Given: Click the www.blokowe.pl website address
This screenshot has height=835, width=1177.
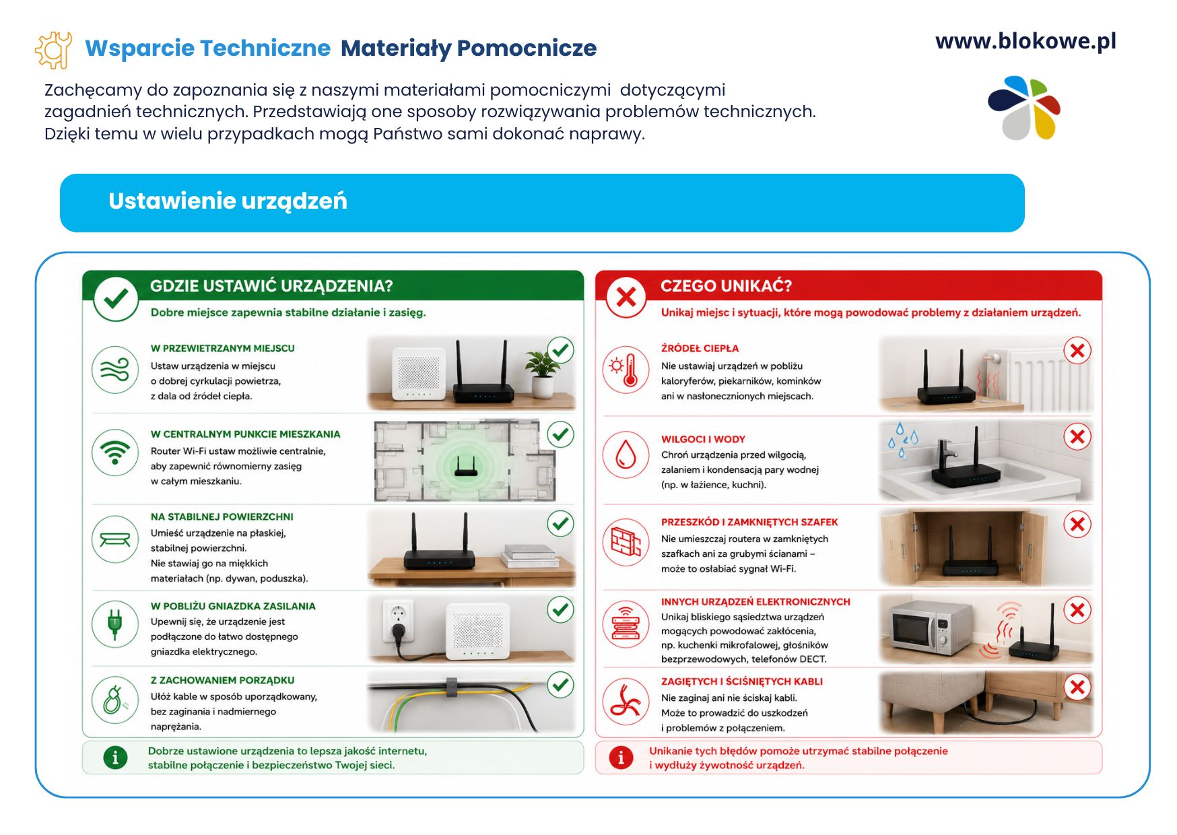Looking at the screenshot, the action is [1025, 42].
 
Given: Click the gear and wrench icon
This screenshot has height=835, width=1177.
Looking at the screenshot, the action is [53, 50].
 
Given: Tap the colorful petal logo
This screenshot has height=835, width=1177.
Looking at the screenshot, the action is [1024, 108].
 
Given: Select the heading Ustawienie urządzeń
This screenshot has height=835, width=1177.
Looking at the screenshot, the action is [228, 201].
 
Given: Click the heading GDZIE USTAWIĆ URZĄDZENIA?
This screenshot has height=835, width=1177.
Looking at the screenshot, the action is [271, 286].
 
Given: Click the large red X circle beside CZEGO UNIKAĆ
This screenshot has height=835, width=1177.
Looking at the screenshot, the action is [626, 297].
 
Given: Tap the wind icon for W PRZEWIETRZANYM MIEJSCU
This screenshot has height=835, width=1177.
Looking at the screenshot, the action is [114, 370].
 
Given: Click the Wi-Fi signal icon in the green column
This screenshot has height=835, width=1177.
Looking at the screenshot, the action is [115, 453].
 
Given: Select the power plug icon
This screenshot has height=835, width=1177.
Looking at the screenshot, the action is [114, 624].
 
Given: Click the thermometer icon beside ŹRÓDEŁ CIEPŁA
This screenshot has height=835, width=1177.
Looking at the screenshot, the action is [626, 370].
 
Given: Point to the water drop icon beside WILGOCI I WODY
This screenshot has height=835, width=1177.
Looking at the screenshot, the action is [626, 455].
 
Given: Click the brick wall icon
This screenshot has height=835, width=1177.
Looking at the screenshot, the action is [626, 541].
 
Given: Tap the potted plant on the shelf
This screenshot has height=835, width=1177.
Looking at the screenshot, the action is [542, 374].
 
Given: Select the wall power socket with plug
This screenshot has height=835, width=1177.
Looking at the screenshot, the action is [397, 622].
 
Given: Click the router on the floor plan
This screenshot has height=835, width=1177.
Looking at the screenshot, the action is [465, 465].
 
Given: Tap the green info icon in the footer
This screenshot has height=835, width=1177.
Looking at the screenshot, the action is [115, 758].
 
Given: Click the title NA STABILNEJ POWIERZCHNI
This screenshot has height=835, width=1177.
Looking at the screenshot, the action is [222, 517].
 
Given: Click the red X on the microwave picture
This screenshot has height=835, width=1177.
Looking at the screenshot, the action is [1077, 610].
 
